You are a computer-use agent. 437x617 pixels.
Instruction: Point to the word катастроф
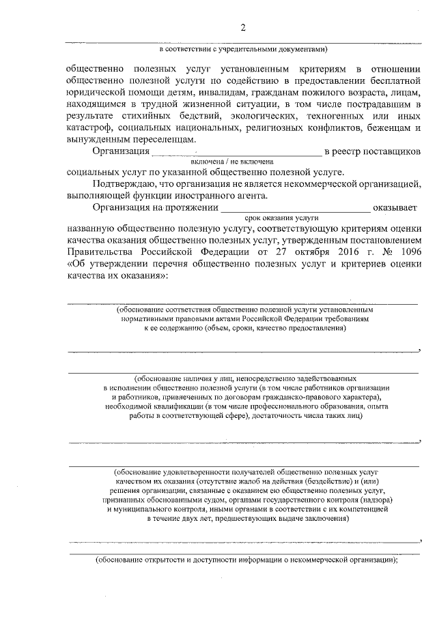[x=89, y=127]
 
